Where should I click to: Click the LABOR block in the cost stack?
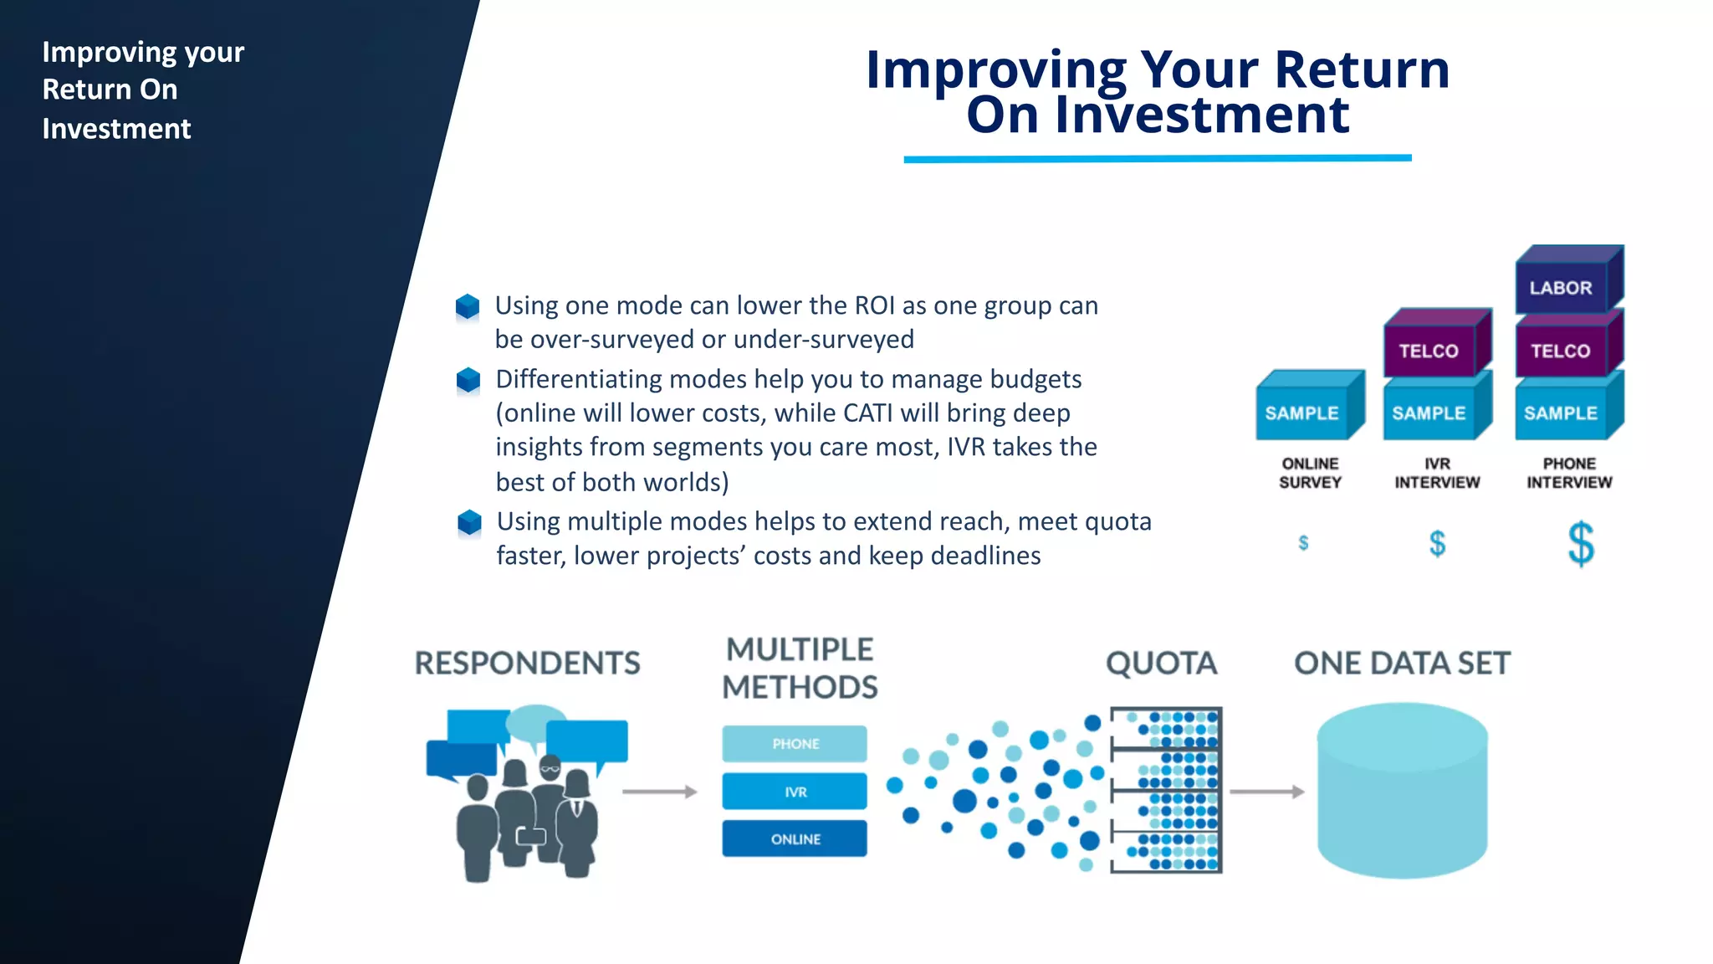point(1561,288)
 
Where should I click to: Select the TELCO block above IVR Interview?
point(1429,351)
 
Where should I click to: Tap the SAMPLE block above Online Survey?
point(1302,413)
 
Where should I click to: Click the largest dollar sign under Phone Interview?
point(1581,544)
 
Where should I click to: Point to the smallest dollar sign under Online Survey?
point(1303,543)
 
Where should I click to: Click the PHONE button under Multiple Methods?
point(795,744)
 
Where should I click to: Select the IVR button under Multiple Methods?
point(795,792)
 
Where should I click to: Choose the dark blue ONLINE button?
point(795,839)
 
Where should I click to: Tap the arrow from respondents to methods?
point(659,792)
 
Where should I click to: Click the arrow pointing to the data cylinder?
point(1266,792)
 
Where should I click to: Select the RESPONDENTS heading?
point(527,664)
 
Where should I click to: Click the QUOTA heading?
point(1161,664)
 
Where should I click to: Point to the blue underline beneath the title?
point(1157,158)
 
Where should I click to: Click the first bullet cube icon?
point(468,307)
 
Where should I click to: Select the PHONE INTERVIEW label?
point(1569,473)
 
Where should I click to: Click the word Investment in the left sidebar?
point(116,129)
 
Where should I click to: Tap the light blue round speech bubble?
point(535,720)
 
